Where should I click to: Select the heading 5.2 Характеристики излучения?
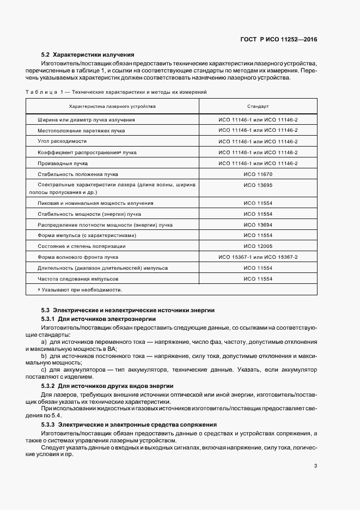(88, 54)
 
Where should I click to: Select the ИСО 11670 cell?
(258, 174)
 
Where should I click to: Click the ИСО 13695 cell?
(258, 185)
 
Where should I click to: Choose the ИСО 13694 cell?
(258, 224)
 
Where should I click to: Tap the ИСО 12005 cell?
(258, 246)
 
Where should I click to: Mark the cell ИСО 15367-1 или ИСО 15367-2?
(258, 257)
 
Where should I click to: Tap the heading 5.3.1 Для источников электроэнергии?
(99, 318)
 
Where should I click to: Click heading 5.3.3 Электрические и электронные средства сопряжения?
(129, 424)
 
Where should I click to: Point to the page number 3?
(315, 465)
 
